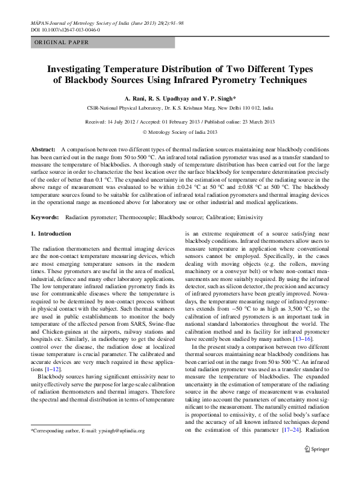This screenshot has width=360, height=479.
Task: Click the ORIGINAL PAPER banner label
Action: coord(62,42)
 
